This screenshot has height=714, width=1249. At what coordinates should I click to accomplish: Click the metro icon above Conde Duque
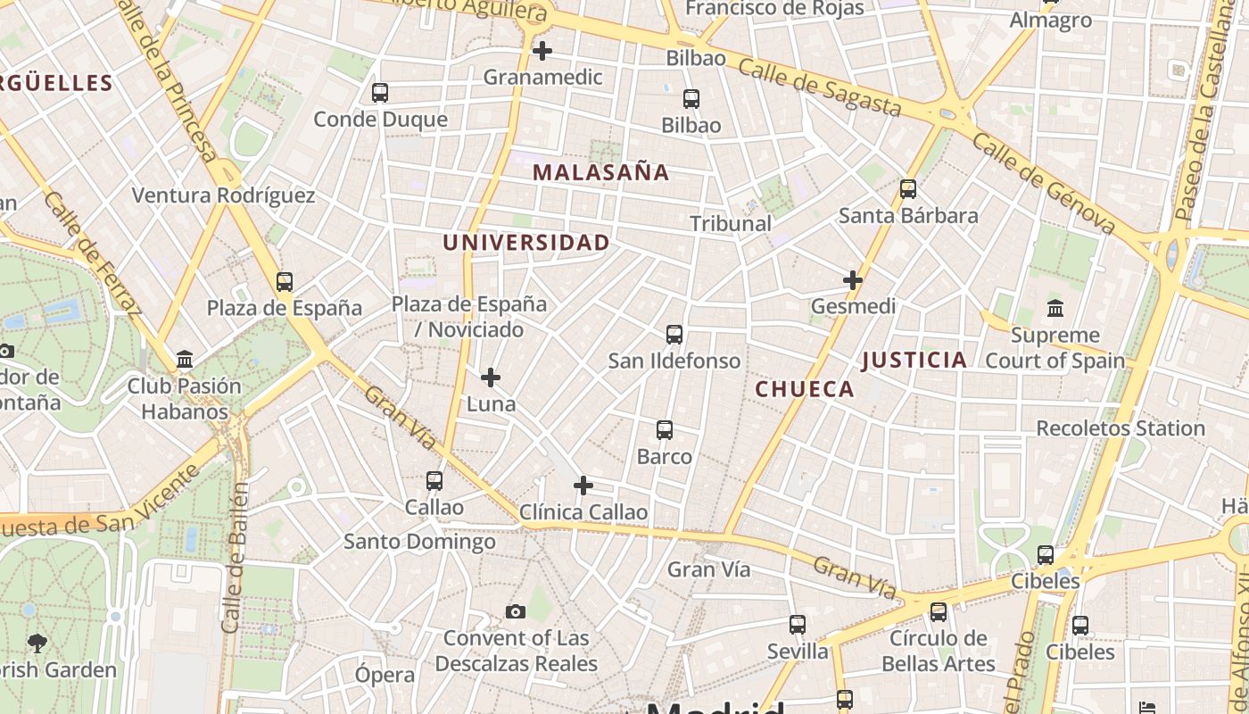[x=380, y=92]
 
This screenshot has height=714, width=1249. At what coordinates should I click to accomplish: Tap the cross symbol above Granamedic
[x=542, y=51]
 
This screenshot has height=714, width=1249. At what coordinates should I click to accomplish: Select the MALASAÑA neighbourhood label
[x=600, y=172]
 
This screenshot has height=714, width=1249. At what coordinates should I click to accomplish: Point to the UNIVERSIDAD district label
[x=526, y=243]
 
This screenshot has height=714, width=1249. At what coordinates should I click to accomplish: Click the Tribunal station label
[x=731, y=223]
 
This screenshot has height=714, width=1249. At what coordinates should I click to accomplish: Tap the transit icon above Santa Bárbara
[x=908, y=189]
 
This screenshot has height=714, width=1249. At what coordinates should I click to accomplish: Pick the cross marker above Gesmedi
[x=853, y=280]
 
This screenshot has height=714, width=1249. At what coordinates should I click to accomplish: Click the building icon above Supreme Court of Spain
[x=1055, y=309]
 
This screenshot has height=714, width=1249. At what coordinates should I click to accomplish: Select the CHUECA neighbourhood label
[x=805, y=389]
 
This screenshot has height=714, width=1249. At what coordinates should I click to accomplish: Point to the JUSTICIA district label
[x=914, y=360]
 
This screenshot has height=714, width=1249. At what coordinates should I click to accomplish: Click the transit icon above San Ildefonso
[x=674, y=335]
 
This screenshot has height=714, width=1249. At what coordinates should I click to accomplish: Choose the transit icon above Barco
[x=665, y=430]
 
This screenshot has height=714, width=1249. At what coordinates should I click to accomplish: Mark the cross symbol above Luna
[x=491, y=378]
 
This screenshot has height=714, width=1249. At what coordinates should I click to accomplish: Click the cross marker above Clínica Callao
[x=583, y=486]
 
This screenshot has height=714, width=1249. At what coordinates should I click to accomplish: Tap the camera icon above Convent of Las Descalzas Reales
[x=516, y=611]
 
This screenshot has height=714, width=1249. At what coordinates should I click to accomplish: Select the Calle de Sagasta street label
[x=820, y=87]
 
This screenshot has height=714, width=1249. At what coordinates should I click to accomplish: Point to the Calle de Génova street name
[x=1043, y=183]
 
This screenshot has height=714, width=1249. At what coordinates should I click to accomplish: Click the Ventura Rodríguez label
[x=223, y=195]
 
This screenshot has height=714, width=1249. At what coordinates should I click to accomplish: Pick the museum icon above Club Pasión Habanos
[x=185, y=360]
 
